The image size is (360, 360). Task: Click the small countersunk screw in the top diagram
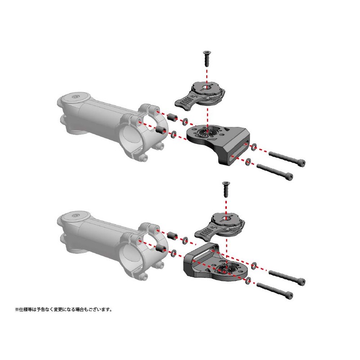pyautogui.click(x=207, y=58)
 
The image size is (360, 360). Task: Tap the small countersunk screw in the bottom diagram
pyautogui.click(x=225, y=188)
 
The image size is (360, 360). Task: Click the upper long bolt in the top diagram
pyautogui.click(x=286, y=157)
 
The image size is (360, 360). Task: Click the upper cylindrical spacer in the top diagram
pyautogui.click(x=171, y=118)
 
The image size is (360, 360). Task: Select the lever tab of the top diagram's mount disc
pyautogui.click(x=184, y=101)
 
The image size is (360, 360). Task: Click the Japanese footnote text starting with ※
pyautogui.click(x=63, y=310)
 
